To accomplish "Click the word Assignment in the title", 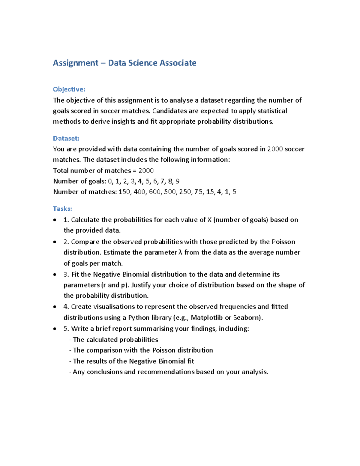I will (x=75, y=63).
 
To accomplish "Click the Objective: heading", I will (x=69, y=89).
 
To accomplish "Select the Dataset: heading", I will (x=66, y=139).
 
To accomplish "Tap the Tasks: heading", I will (x=62, y=209).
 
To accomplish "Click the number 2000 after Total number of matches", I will (x=146, y=171).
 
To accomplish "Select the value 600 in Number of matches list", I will (x=155, y=192).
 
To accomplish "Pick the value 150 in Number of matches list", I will (x=124, y=192).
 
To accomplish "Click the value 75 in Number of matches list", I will (x=198, y=192).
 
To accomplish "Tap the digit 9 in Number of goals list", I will (x=178, y=182).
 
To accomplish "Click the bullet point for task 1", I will (x=55, y=220).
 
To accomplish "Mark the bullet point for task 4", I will (x=55, y=307).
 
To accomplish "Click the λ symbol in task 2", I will (x=180, y=253).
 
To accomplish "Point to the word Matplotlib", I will (x=207, y=318).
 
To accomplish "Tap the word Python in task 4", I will (x=139, y=318).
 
